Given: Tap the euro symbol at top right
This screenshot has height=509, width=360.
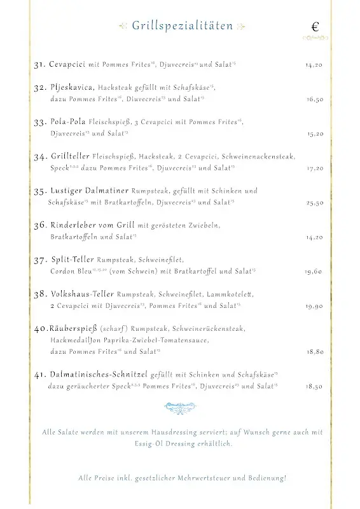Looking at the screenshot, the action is [x=315, y=27].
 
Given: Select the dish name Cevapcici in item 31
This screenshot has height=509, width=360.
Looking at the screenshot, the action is [x=67, y=65].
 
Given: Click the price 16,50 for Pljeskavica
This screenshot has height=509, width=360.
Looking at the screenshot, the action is [x=315, y=99].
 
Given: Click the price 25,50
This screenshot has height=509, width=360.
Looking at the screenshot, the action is [x=315, y=202].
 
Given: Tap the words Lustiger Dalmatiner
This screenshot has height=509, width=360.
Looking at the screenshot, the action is [x=89, y=190].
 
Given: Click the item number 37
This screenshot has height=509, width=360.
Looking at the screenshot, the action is [x=40, y=260].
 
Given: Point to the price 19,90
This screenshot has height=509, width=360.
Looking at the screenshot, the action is [x=314, y=306].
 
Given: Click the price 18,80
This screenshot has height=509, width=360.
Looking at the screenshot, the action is [x=315, y=351].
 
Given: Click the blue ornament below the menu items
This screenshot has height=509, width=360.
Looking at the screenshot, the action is [x=180, y=407].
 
